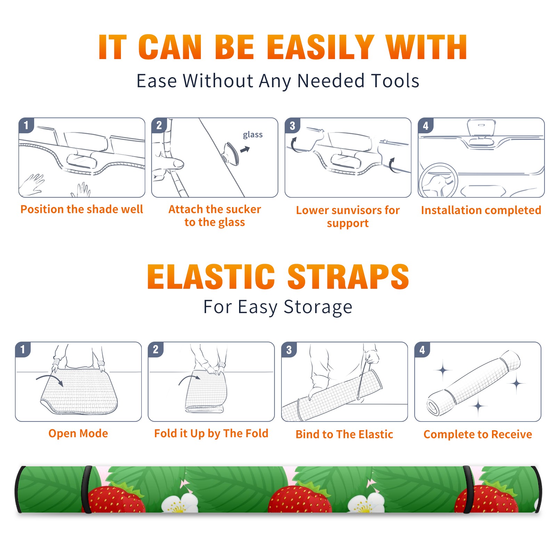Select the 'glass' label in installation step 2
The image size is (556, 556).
[x=253, y=135]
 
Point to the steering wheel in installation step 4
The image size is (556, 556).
[x=438, y=180]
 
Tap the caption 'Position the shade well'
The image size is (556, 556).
[x=82, y=209]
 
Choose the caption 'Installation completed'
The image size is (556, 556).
[x=481, y=210]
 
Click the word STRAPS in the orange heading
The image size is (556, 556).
[x=348, y=277]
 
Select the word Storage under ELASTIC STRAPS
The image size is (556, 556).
[x=318, y=307]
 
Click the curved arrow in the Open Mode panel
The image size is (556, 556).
[x=50, y=379]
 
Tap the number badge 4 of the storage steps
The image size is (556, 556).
[x=422, y=350]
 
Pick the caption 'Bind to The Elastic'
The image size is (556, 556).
[x=344, y=434]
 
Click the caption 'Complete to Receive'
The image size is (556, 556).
[x=478, y=434]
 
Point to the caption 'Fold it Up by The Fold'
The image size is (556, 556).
[x=211, y=434]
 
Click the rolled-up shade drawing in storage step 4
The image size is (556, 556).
[x=474, y=383]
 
